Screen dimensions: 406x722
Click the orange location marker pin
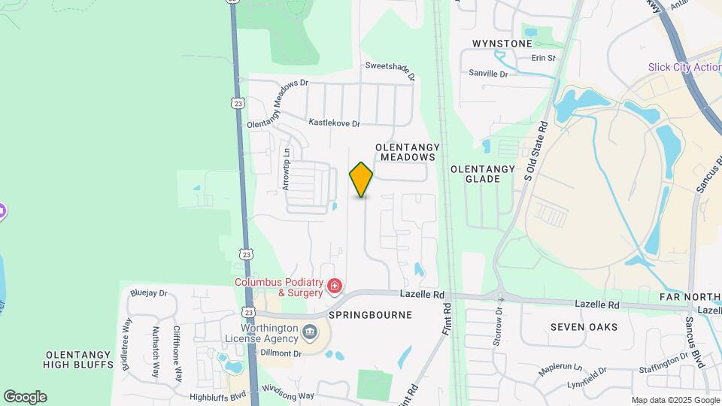pos(361,180)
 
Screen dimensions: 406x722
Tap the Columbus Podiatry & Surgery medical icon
pos(334,286)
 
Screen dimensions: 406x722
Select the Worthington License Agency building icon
pos(309,332)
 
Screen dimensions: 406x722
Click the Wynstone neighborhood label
pos(502,44)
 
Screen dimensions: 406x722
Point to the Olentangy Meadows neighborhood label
pos(408,152)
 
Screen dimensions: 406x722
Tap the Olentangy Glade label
pos(483,174)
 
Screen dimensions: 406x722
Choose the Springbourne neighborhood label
pos(370,315)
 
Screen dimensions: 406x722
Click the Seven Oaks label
pos(584,327)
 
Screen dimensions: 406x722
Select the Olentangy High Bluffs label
pos(80,359)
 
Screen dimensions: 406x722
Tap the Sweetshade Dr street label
pos(390,69)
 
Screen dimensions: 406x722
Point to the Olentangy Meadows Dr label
pos(278,103)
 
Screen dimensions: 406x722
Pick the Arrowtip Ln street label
pos(287,169)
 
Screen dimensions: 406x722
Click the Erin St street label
pos(543,58)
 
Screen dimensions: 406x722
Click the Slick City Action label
pos(684,67)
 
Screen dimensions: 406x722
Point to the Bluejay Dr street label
pos(148,293)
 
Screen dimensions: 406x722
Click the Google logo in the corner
pos(25,397)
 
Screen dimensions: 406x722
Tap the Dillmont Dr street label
pos(281,353)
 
